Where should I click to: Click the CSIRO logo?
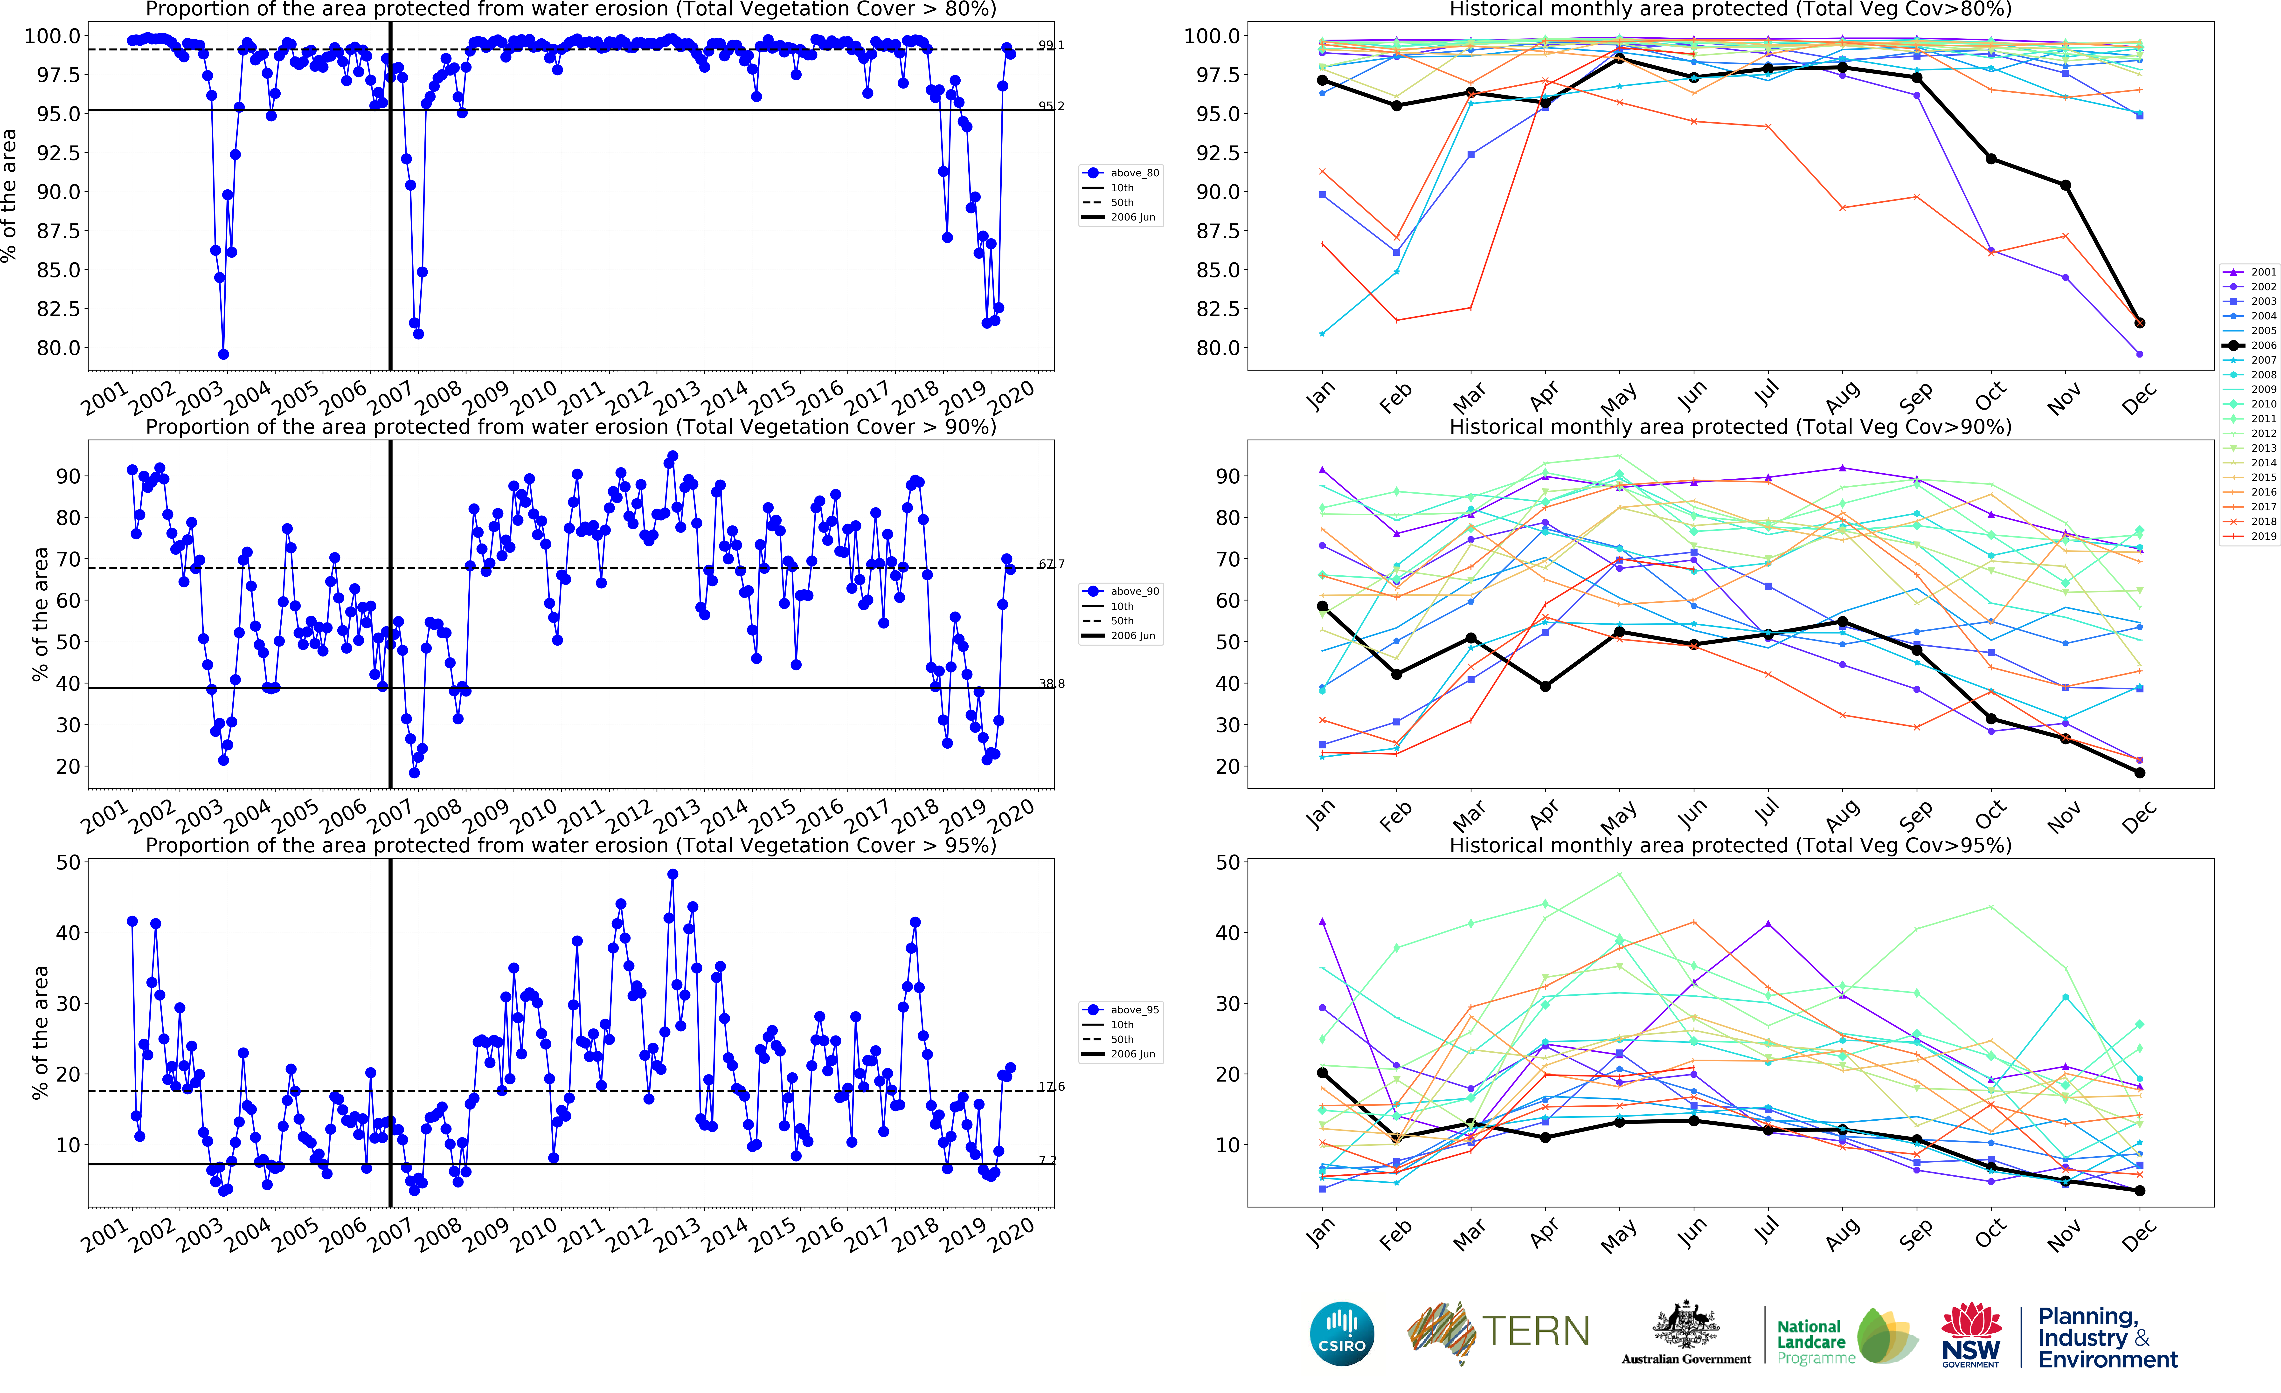pos(1341,1334)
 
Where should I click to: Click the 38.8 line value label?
pos(1051,684)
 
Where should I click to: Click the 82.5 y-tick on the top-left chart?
pos(57,309)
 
